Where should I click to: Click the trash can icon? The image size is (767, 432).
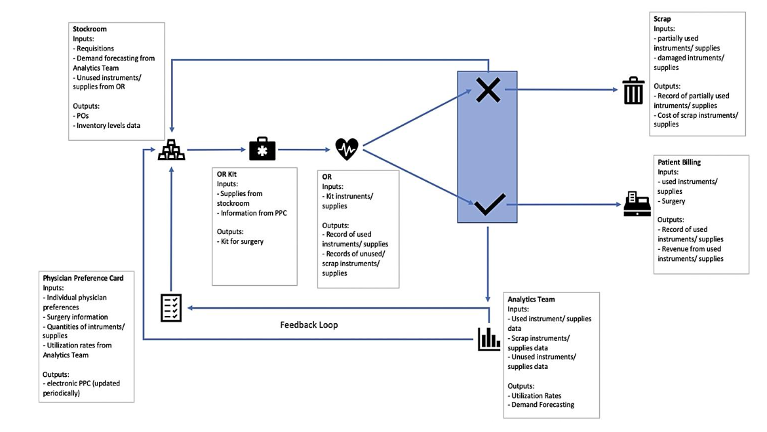(633, 91)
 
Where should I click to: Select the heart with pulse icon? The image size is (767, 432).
(347, 149)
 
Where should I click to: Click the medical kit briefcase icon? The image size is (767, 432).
(262, 149)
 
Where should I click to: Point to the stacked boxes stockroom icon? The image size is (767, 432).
(171, 151)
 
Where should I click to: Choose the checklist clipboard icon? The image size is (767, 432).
(171, 307)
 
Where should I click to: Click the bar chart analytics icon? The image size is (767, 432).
(488, 338)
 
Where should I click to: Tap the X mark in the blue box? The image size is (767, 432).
(488, 91)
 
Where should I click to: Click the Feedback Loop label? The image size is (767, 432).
(309, 324)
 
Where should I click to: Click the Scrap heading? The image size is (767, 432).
(663, 20)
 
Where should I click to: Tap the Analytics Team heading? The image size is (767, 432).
(531, 300)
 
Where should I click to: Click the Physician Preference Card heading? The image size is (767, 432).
(83, 279)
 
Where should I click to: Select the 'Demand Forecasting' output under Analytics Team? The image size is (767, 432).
(543, 404)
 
